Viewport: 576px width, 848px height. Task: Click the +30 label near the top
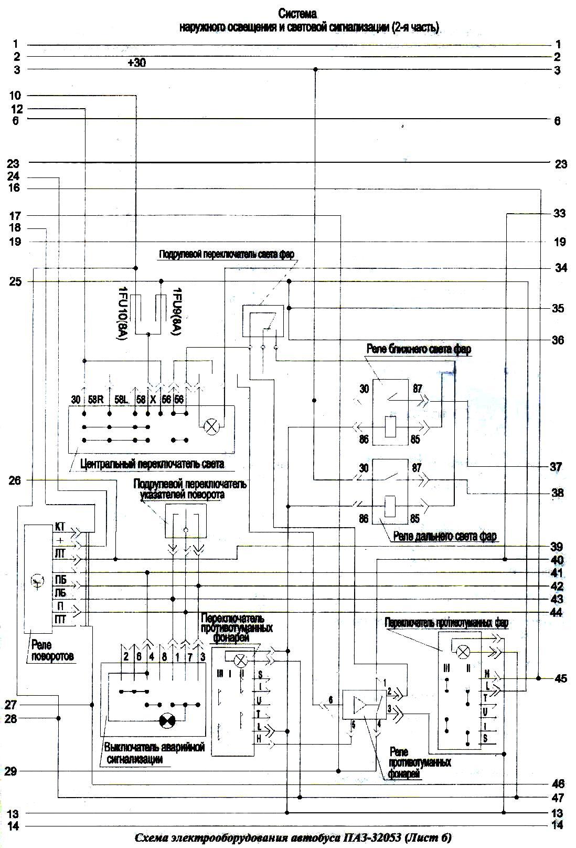(137, 63)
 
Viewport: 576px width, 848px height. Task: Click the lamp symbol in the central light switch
(211, 426)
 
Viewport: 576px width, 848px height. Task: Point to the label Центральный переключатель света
(153, 464)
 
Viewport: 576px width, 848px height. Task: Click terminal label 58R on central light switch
(95, 400)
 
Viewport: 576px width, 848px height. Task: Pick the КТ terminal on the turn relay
(60, 526)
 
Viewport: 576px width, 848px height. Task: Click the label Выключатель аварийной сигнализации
(153, 753)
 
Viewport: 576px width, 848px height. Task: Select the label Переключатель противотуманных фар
(446, 623)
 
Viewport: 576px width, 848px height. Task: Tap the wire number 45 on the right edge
(560, 678)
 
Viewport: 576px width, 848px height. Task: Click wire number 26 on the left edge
(15, 479)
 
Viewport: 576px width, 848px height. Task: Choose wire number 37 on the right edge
(557, 467)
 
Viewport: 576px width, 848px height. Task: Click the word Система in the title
(297, 13)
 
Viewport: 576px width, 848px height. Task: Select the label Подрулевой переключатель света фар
(227, 254)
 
